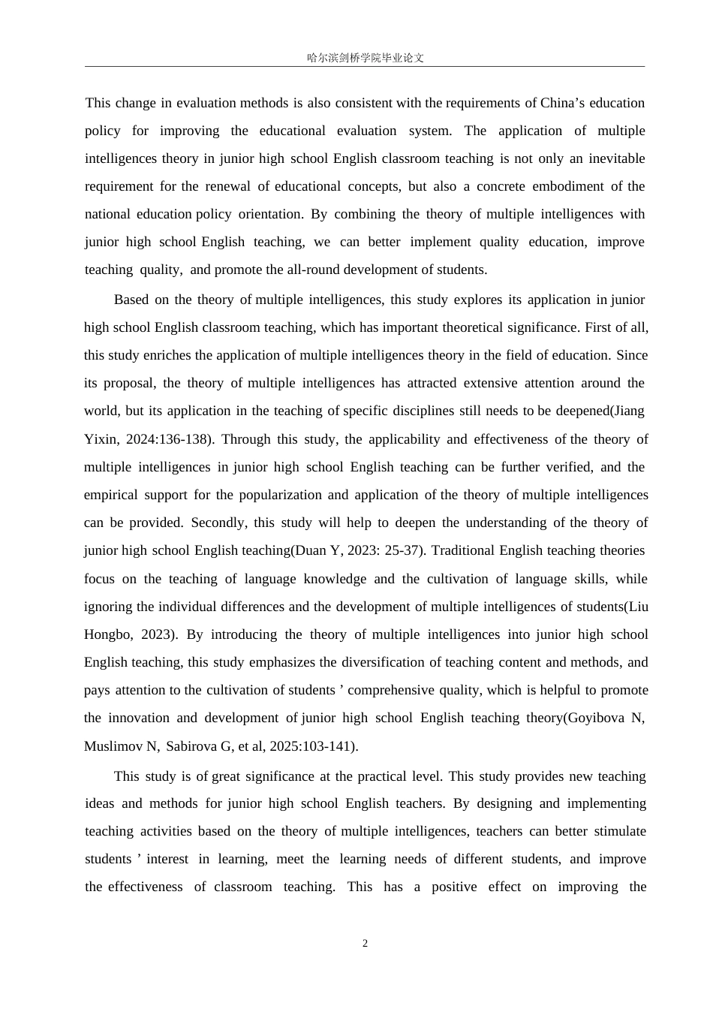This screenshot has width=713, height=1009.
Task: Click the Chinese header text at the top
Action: pos(366,58)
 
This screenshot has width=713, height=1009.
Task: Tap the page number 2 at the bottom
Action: pos(366,944)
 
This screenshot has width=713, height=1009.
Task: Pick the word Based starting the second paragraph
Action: pos(131,300)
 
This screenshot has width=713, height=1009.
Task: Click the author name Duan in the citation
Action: pos(310,550)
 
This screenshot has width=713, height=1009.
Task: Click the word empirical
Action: pos(111,495)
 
